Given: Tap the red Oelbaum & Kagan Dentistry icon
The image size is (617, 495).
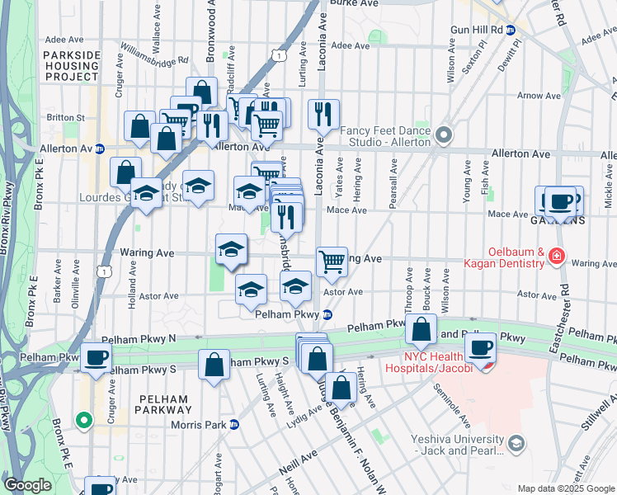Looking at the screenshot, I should pos(558,257).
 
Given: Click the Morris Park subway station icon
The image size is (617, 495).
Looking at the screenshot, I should pos(233,425).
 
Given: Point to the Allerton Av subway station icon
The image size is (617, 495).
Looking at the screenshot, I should pos(100,148).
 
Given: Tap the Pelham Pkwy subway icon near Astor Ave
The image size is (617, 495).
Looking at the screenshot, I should pos(327,314).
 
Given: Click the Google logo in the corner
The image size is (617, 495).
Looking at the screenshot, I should pos(27,485).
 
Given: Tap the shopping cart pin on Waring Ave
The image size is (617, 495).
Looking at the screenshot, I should pos(332,262).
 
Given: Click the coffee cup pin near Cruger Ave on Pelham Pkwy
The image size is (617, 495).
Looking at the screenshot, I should pos(97,359).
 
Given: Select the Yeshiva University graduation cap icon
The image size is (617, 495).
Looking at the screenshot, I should pos(516,445).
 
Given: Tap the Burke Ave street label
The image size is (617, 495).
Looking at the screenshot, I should pos(354,3).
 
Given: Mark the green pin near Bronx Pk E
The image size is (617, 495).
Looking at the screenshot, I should pos(82,420).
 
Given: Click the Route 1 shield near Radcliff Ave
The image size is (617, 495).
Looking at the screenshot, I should pos(280,55).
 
